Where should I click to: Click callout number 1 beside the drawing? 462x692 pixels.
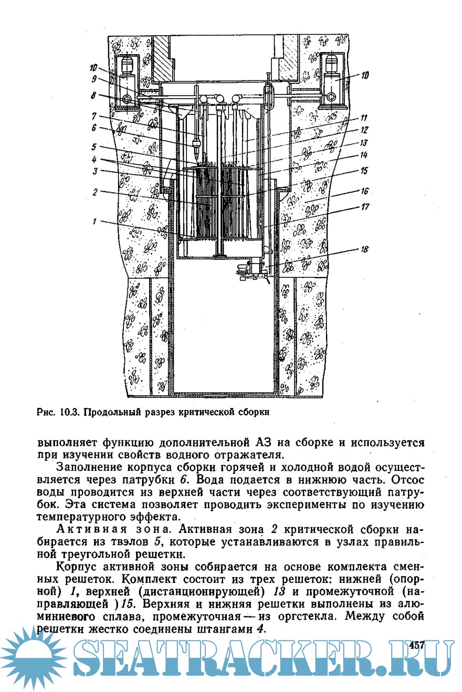click(x=95, y=222)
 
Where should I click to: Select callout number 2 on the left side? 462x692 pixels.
click(x=95, y=192)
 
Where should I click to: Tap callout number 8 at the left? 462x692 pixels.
click(x=93, y=96)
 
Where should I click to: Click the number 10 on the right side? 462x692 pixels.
click(x=364, y=76)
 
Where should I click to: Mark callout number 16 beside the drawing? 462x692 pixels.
click(x=363, y=192)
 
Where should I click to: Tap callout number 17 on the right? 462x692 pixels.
click(x=363, y=207)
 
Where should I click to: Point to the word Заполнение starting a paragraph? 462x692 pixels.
click(x=85, y=467)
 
